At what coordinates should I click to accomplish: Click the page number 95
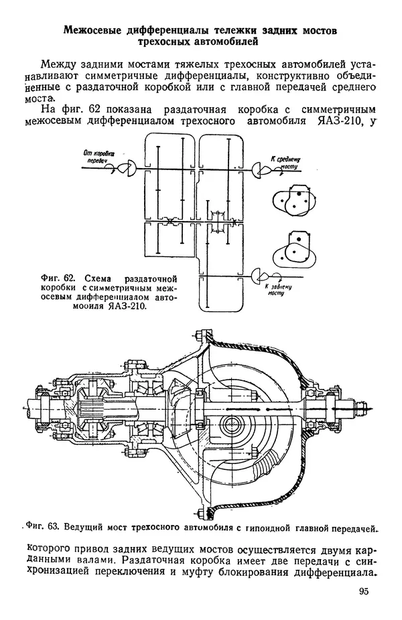(x=364, y=591)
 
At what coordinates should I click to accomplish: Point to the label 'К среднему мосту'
(x=285, y=163)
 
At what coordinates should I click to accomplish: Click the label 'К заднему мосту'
(x=278, y=290)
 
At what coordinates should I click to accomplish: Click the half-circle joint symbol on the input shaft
(x=128, y=168)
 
